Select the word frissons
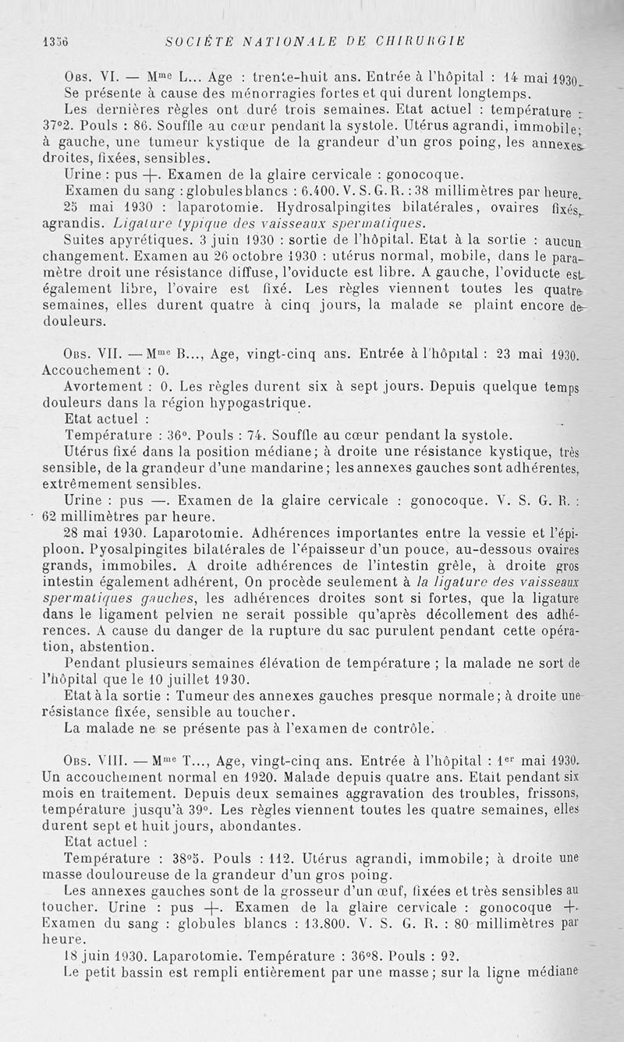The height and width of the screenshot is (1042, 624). [x=573, y=793]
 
